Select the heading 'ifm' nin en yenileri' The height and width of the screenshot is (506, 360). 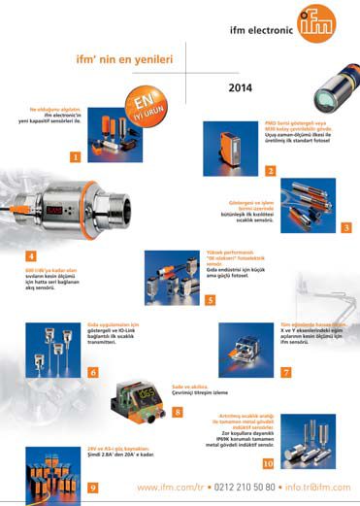point(124,59)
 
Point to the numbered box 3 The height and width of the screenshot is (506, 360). point(346,227)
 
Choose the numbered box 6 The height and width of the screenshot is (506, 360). point(92,372)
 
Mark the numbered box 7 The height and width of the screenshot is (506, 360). point(285,372)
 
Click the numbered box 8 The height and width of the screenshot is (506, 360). point(177,413)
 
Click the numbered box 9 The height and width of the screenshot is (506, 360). point(92,487)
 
